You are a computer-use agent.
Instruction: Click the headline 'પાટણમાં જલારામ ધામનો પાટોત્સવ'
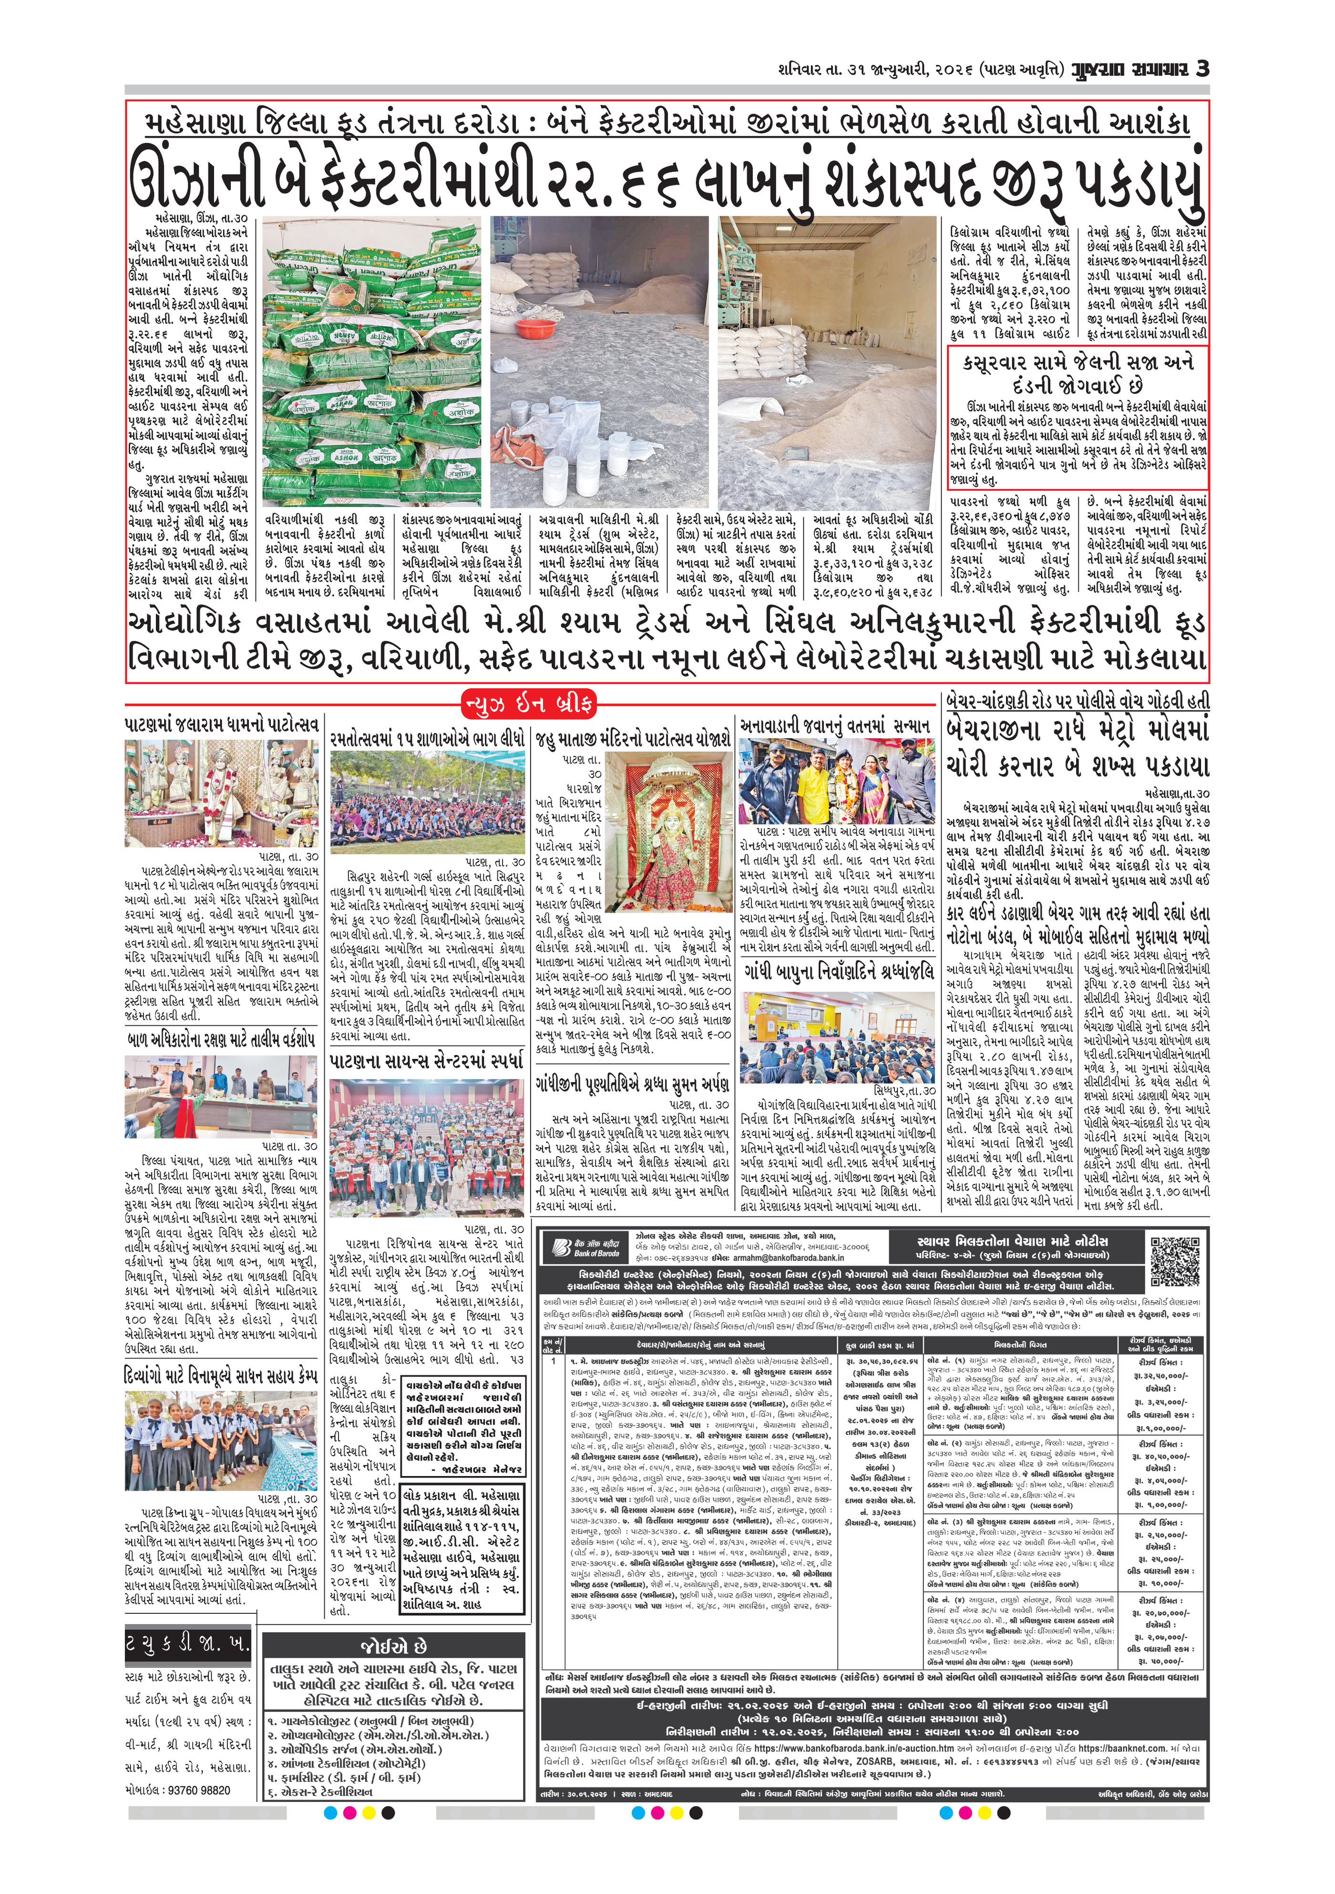pyautogui.click(x=222, y=725)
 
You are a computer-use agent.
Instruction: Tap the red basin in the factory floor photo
pyautogui.click(x=534, y=329)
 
